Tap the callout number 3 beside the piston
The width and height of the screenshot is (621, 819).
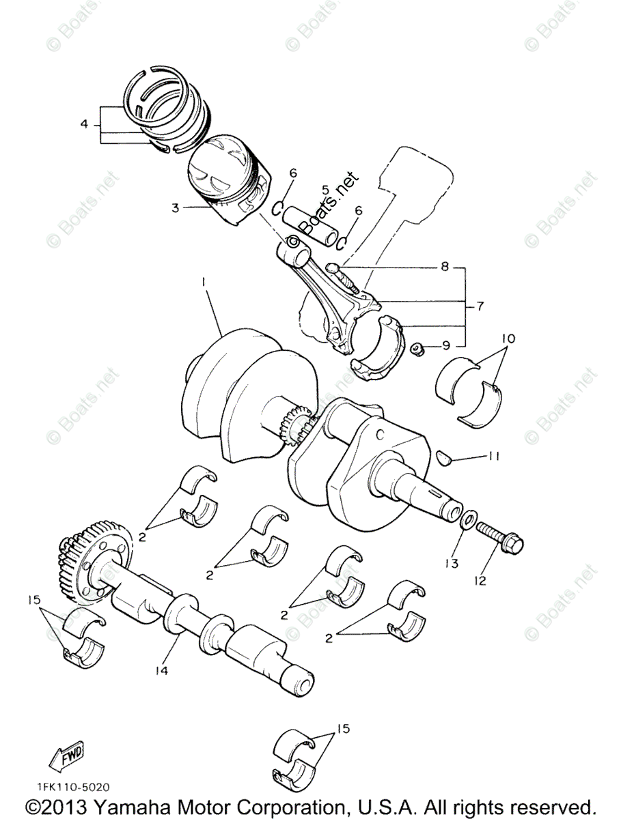tap(176, 207)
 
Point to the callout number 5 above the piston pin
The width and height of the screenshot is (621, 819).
tap(326, 189)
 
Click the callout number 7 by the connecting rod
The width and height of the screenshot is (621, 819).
tap(480, 306)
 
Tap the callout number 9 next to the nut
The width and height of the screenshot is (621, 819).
tap(445, 345)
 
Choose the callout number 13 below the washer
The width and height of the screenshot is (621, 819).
tap(452, 564)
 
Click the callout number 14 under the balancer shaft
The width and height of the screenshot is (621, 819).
tap(161, 670)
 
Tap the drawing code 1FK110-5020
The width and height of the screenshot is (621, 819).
tap(68, 787)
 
